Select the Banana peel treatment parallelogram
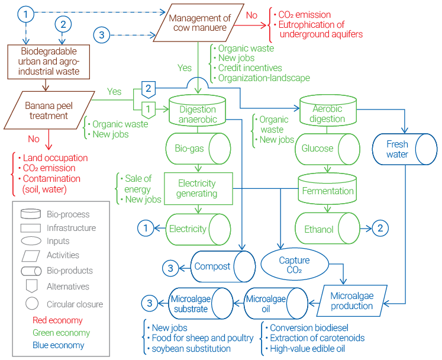click(47, 110)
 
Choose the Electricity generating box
click(198, 188)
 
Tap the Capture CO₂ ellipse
click(293, 265)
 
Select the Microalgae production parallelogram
click(351, 300)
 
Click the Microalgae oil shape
click(266, 304)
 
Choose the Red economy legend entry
click(57, 320)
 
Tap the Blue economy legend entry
click(58, 345)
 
